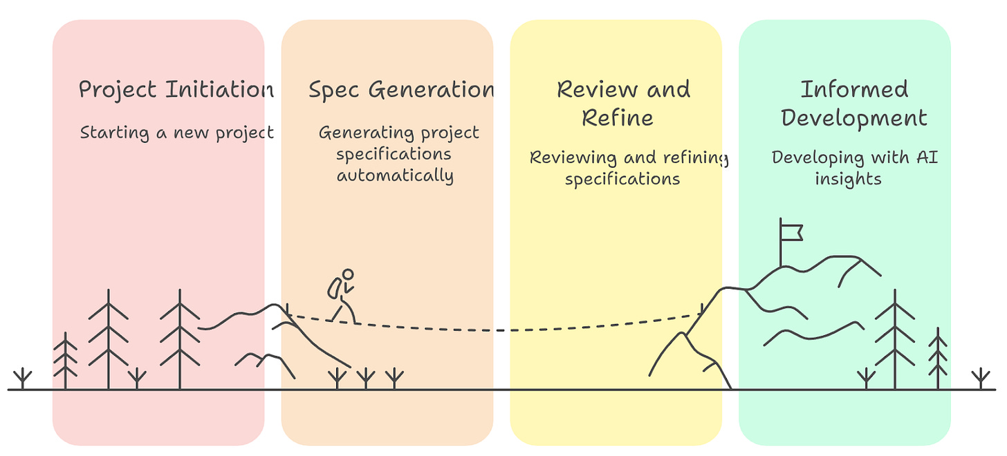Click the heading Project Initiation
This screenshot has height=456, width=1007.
(176, 90)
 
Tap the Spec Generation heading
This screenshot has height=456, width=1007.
(401, 90)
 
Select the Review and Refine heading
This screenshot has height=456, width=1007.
(623, 103)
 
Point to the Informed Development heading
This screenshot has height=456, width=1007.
(854, 103)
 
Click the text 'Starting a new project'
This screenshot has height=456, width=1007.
(177, 132)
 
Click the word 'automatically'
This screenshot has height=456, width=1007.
(395, 175)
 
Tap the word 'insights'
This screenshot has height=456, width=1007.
(848, 179)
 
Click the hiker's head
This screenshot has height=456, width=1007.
(348, 274)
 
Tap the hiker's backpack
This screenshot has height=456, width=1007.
(335, 288)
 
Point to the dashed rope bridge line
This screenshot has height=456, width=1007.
(498, 330)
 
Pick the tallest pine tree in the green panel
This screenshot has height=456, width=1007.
(895, 339)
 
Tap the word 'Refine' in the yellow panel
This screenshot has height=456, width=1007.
(618, 117)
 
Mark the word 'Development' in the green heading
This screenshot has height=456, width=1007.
(854, 117)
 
